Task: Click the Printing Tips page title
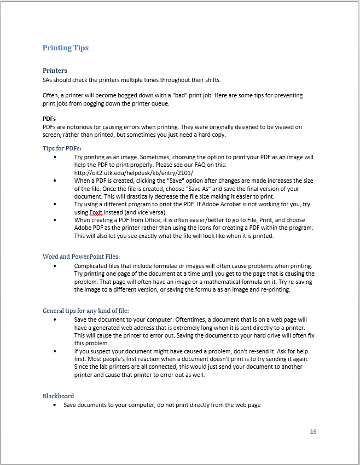click(x=66, y=48)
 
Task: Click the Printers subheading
click(x=55, y=71)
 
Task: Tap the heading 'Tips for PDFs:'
click(x=62, y=148)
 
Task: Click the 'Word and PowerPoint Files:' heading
click(x=81, y=256)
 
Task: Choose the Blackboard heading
click(x=58, y=396)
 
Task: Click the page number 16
click(x=313, y=432)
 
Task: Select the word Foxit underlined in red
click(x=96, y=212)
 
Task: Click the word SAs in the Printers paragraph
click(x=49, y=80)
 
